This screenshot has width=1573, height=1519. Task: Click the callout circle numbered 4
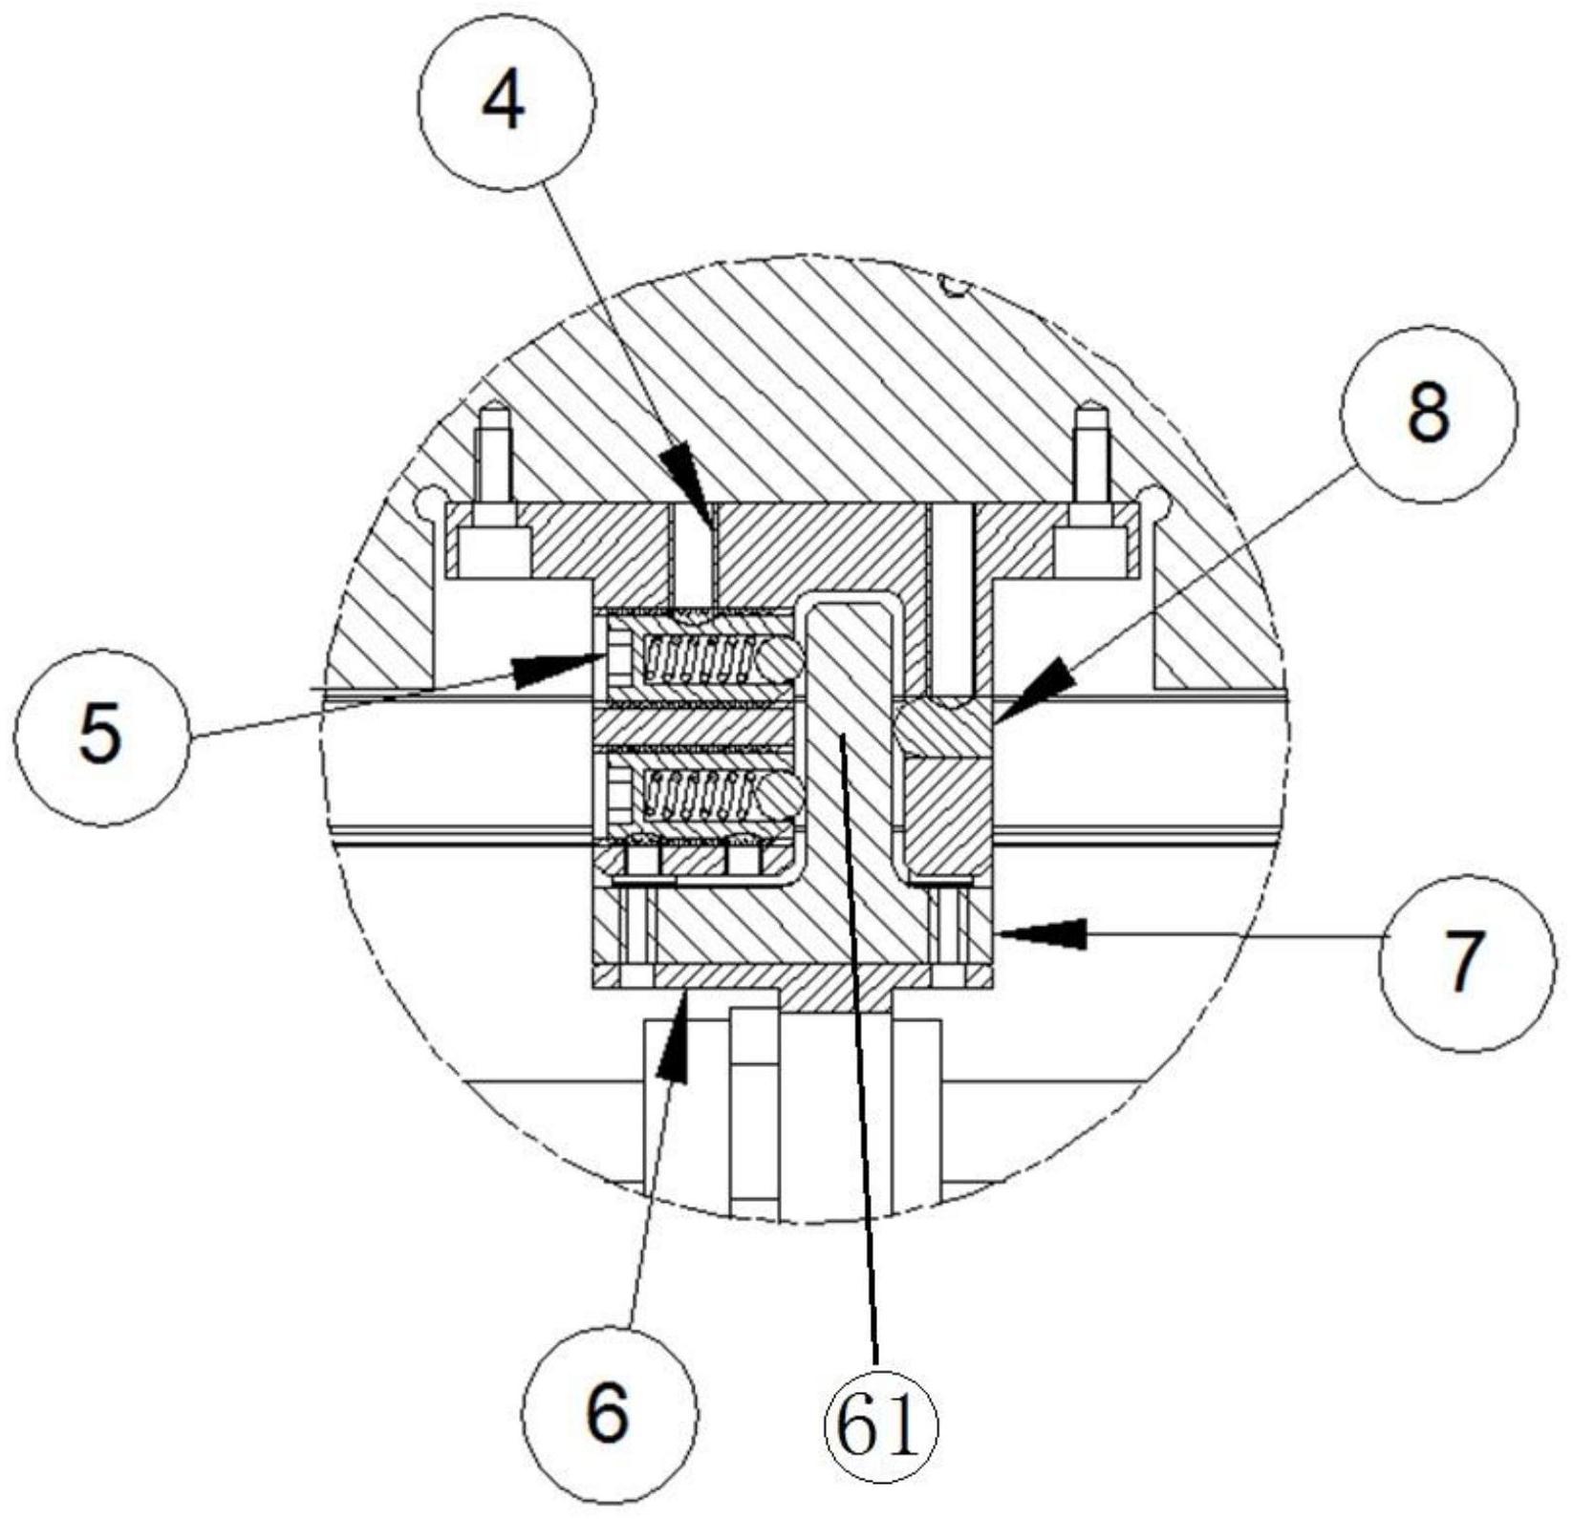click(x=506, y=102)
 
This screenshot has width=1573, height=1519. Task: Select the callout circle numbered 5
click(x=100, y=737)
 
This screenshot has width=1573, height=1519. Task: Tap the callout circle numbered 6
click(x=609, y=1412)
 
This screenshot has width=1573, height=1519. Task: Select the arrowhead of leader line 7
click(x=1042, y=932)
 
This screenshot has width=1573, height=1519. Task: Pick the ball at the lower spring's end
click(x=779, y=792)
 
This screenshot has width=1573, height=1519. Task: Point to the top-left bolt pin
click(x=495, y=493)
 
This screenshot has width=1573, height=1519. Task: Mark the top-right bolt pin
click(x=1090, y=493)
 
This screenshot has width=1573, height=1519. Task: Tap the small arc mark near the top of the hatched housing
click(x=954, y=285)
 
